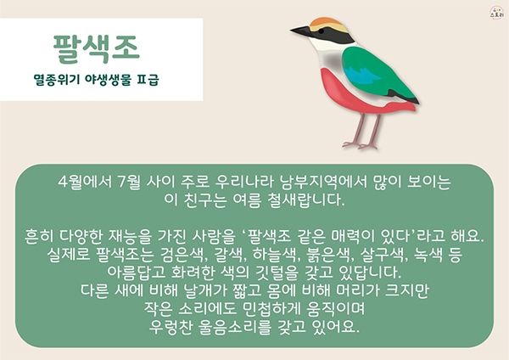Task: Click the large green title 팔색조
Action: (x=97, y=49)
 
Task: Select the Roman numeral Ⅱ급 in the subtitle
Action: (x=148, y=80)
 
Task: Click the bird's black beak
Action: (x=300, y=31)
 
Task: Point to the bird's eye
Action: (x=321, y=31)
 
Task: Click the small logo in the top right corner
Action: (x=497, y=14)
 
